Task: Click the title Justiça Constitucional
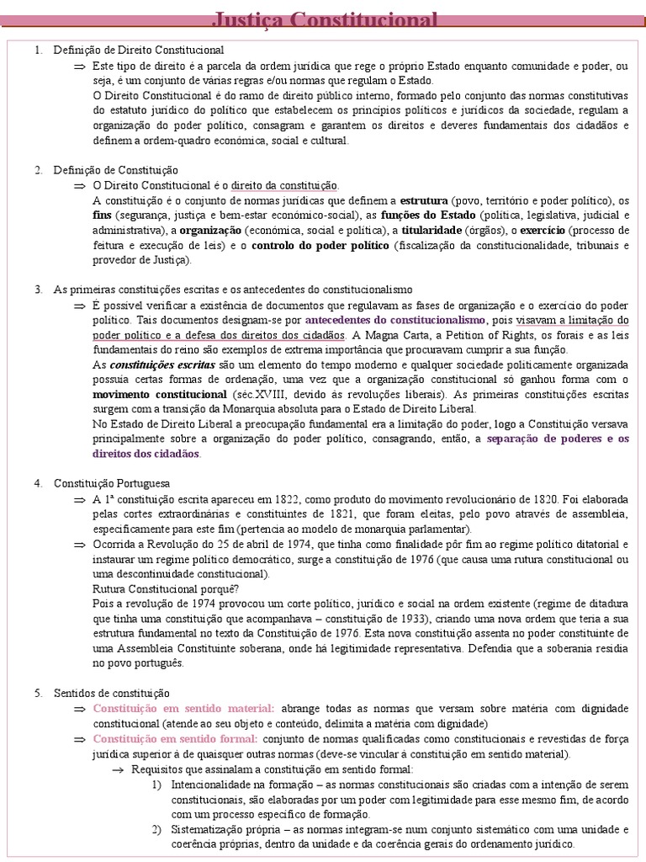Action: pyautogui.click(x=324, y=19)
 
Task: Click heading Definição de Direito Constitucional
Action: pyautogui.click(x=139, y=51)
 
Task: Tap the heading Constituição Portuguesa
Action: pyautogui.click(x=111, y=484)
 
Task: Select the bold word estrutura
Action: pyautogui.click(x=423, y=200)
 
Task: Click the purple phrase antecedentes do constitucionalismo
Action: pyautogui.click(x=394, y=320)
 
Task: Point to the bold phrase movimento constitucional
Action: pyautogui.click(x=160, y=394)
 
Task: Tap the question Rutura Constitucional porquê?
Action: pyautogui.click(x=166, y=588)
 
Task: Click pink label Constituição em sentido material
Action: pyautogui.click(x=183, y=709)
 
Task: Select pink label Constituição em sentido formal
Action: pyautogui.click(x=179, y=739)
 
